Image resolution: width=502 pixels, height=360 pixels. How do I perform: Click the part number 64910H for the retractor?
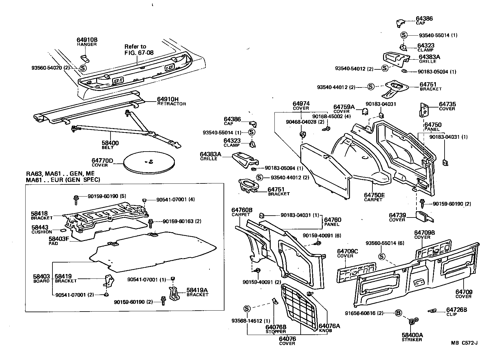pos(168,99)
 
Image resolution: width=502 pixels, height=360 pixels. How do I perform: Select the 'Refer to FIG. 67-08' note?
pos(135,49)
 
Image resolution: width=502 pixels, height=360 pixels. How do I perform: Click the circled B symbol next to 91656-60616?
pos(398,313)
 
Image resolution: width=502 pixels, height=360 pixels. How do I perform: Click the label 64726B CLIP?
pos(456,312)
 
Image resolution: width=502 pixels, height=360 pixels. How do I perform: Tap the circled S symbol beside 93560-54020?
pos(83,67)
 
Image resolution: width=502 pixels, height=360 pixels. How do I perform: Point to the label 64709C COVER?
pos(347,253)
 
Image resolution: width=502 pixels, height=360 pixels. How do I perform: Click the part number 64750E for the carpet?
pos(374,195)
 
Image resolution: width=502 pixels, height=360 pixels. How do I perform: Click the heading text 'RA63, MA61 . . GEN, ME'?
pos(60,174)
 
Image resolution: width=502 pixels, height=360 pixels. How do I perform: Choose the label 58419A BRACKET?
pos(197,292)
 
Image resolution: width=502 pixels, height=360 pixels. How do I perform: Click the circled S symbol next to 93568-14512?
pos(247,309)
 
